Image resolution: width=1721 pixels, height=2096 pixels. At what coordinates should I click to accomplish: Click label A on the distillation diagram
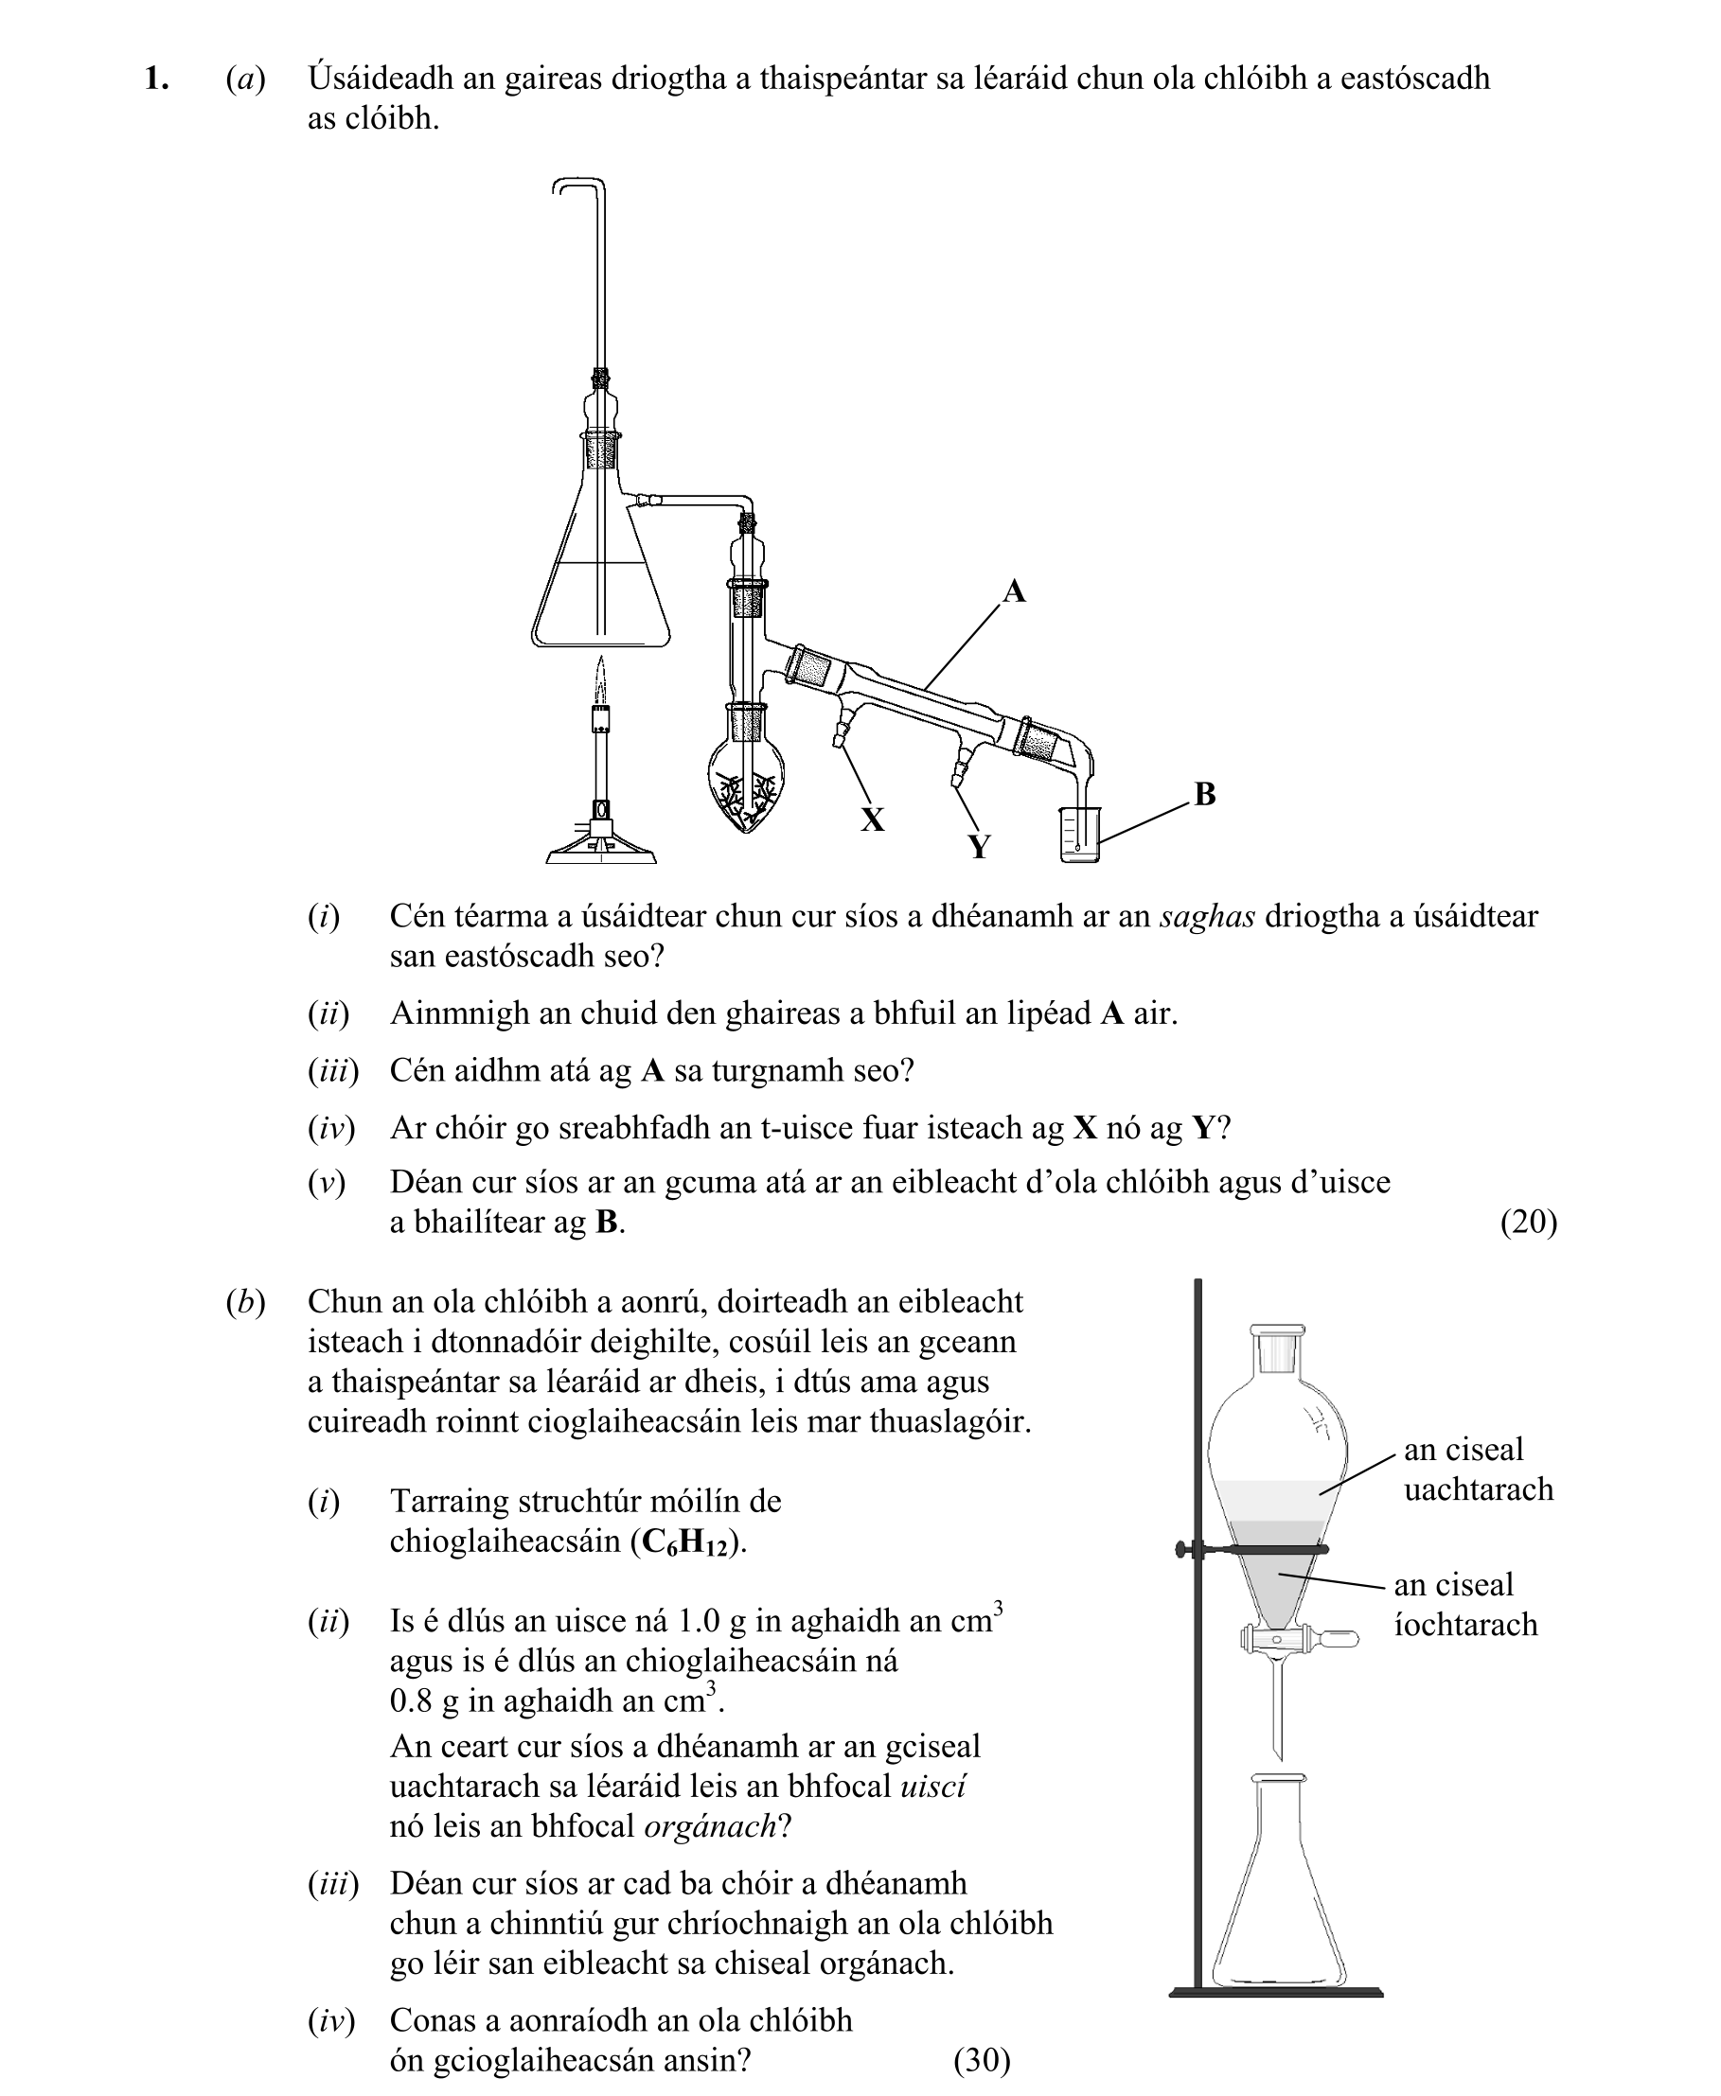coord(1013,591)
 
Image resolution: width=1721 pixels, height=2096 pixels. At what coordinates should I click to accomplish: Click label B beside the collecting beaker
coord(1204,794)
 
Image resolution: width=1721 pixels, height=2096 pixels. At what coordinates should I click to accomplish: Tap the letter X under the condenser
coord(872,819)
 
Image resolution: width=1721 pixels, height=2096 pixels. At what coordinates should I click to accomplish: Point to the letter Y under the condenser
coord(979,846)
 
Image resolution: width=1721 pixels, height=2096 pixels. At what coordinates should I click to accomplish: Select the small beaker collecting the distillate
coord(1079,834)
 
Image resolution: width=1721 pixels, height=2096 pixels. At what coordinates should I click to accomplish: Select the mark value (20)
coord(1528,1222)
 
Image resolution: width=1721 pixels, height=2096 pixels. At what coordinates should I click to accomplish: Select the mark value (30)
coord(982,2059)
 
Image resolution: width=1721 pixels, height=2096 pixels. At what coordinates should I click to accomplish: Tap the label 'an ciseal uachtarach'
coord(1477,1470)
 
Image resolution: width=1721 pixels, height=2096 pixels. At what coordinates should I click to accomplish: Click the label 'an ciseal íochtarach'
coord(1465,1605)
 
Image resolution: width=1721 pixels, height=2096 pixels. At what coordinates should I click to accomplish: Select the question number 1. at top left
coord(155,79)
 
